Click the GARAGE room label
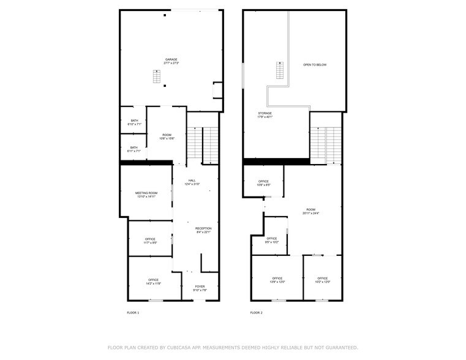click(171, 60)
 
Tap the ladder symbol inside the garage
click(157, 77)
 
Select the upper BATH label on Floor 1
click(134, 121)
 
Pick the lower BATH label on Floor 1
click(134, 148)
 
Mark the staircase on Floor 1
click(202, 143)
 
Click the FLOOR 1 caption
click(133, 313)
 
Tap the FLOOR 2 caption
click(256, 313)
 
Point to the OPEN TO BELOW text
click(315, 64)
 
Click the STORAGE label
click(265, 114)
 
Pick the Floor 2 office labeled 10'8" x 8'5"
click(263, 182)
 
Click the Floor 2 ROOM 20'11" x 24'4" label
click(311, 212)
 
